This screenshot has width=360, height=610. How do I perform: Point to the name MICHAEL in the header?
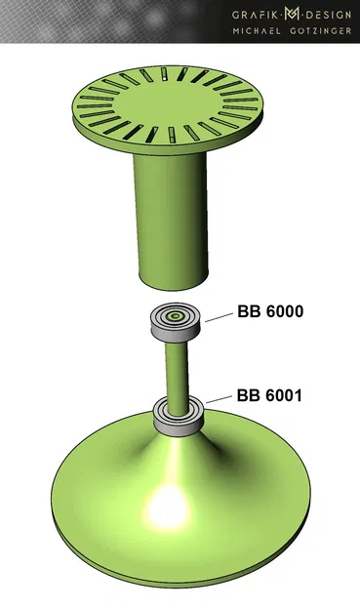(x=259, y=31)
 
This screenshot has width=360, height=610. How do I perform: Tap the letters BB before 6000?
(x=249, y=312)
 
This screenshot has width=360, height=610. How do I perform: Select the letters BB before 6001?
(x=248, y=396)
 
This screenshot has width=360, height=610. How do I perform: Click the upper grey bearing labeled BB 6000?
(x=176, y=325)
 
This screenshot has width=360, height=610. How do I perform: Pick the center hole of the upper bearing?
(x=176, y=316)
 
